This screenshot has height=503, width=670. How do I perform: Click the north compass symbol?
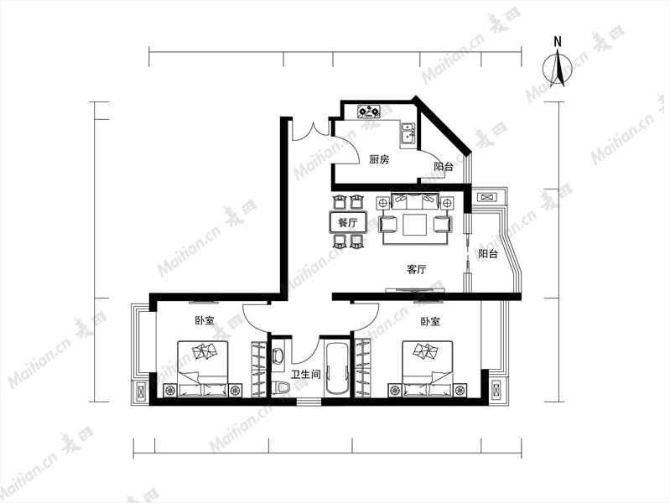558,68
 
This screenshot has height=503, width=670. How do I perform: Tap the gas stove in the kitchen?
369,112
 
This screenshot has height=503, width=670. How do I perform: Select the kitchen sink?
408,133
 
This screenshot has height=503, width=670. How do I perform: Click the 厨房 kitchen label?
379,160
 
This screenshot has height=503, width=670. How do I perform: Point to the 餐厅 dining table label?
347,223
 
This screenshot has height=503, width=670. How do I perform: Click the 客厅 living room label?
417,269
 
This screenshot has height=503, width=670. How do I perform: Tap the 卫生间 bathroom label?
306,375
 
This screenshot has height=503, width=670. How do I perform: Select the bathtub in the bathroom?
336,368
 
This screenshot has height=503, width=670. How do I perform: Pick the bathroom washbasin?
278,355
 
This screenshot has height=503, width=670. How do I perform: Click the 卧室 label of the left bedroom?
205,321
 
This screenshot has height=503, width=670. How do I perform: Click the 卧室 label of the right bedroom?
430,321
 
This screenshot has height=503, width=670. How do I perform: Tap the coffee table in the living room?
414,225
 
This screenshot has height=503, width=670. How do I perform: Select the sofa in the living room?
415,200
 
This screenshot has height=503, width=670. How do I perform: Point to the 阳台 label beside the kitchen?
443,167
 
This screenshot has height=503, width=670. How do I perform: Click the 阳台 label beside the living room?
488,254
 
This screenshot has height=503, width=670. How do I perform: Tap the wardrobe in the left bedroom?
258,369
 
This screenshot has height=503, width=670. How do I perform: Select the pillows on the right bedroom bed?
425,351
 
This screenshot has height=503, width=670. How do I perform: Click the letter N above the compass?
558,41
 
